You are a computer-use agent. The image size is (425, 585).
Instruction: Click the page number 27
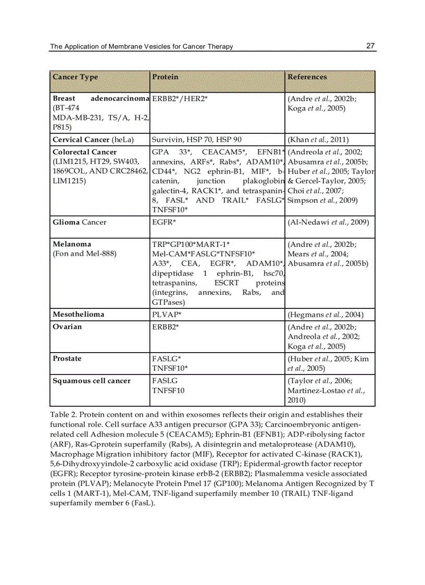click(x=370, y=46)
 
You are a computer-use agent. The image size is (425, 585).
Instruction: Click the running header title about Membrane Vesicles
click(x=141, y=46)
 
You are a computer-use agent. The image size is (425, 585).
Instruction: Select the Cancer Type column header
click(x=75, y=77)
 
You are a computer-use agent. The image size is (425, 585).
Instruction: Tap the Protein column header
click(x=165, y=77)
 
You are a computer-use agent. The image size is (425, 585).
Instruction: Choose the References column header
click(x=307, y=77)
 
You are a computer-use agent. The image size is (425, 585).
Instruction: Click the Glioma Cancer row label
click(x=79, y=222)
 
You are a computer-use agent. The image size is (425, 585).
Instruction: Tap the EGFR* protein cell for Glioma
click(x=164, y=222)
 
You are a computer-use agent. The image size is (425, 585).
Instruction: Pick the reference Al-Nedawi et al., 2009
click(x=328, y=222)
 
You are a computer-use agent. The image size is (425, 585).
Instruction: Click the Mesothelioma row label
click(x=78, y=315)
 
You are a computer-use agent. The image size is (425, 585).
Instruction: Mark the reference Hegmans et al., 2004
click(x=326, y=315)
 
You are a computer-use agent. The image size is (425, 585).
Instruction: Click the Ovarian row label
click(x=67, y=327)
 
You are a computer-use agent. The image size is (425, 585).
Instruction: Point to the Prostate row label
click(x=67, y=359)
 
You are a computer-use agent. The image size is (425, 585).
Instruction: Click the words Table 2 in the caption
click(x=63, y=415)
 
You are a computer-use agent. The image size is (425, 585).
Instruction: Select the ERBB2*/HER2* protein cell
click(x=180, y=98)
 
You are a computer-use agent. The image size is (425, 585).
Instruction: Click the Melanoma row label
click(x=72, y=244)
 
